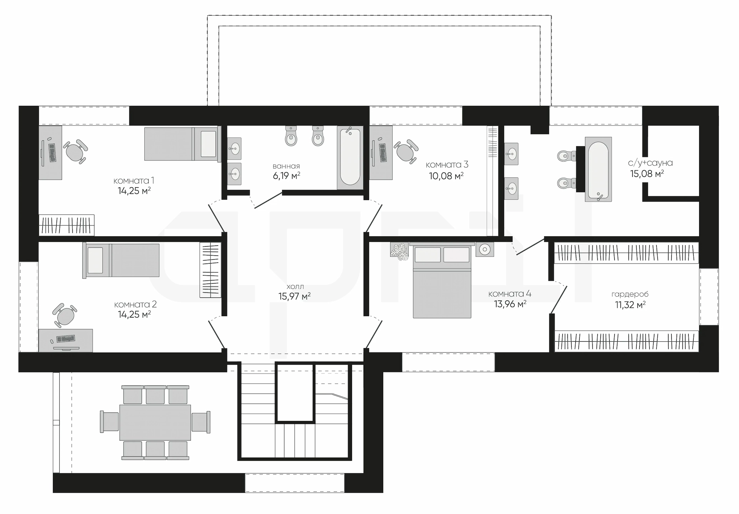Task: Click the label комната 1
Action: point(134,180)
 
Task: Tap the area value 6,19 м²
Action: point(286,176)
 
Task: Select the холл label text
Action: point(295,287)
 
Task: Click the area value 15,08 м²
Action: point(647,174)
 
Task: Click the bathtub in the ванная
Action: point(350,157)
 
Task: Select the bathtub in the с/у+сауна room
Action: point(598,169)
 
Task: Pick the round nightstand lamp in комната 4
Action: point(485,249)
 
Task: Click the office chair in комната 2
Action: point(64,315)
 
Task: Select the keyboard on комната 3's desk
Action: point(382,152)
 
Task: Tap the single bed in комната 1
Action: point(181,144)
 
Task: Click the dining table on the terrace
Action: point(155,422)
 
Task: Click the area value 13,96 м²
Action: point(510,304)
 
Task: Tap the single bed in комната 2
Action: point(121,260)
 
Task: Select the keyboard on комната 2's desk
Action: point(66,339)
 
